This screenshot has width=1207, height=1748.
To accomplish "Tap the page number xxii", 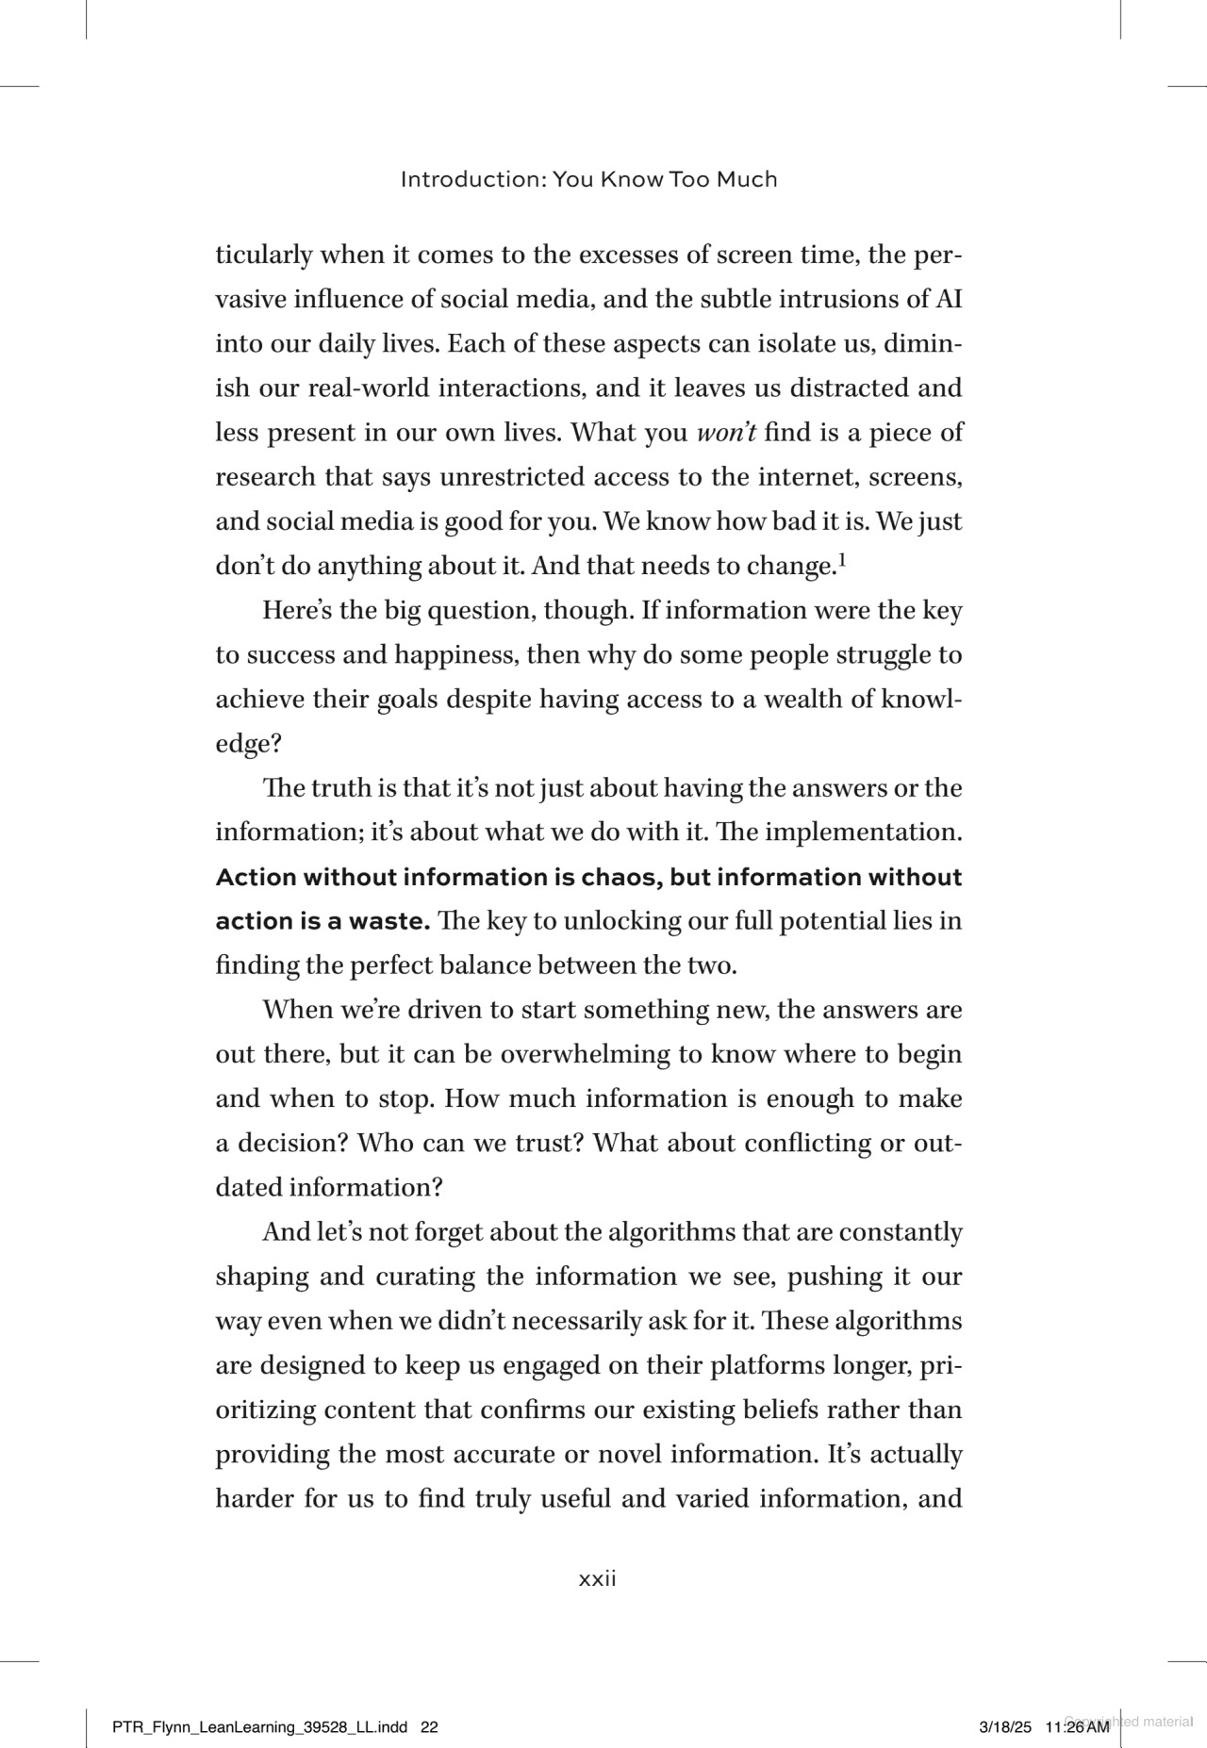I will click(597, 1579).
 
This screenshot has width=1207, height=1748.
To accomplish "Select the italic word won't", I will click(726, 433).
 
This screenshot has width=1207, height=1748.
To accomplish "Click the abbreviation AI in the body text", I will click(948, 300).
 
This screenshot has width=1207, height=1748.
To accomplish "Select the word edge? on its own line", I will click(249, 745).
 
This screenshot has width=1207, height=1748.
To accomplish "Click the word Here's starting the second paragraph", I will click(297, 611).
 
